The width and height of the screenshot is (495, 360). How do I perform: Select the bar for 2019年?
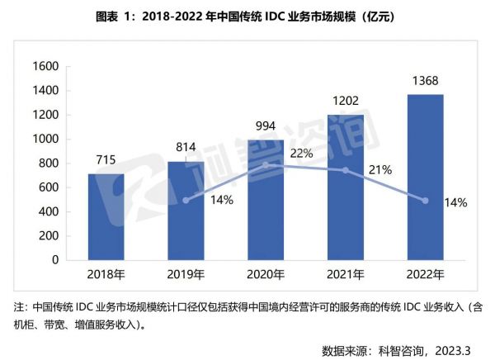[187, 211]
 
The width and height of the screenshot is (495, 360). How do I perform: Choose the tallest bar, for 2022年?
[426, 177]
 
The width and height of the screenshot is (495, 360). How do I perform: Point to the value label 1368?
[426, 81]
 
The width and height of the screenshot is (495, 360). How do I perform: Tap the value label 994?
[266, 125]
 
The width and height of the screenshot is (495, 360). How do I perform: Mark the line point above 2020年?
[266, 165]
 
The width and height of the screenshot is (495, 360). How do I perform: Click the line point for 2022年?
[426, 200]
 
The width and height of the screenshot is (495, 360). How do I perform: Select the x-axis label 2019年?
[187, 274]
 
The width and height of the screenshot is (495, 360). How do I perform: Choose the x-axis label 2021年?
[346, 274]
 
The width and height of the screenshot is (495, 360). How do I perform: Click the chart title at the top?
[247, 16]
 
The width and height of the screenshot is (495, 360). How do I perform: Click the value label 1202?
[346, 100]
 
